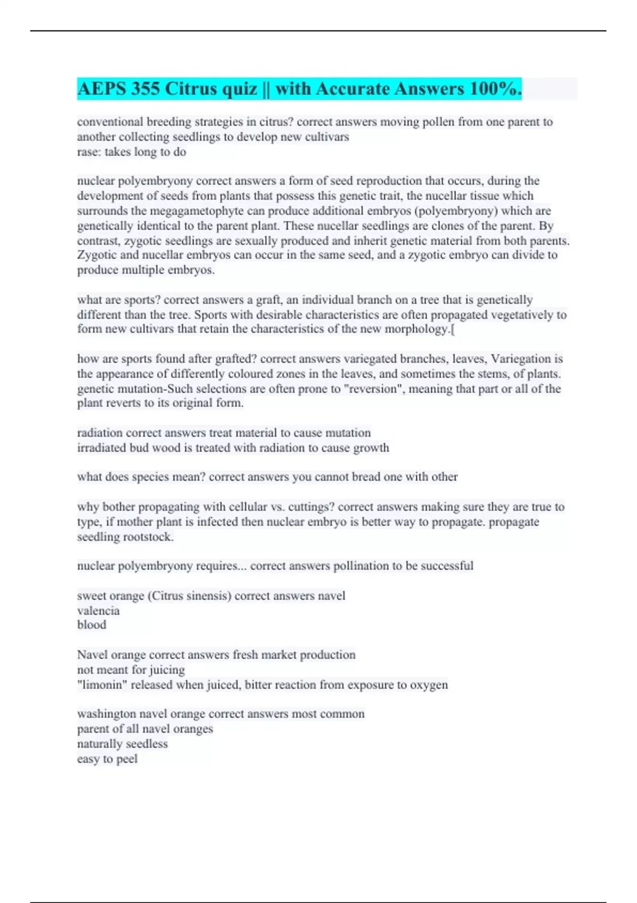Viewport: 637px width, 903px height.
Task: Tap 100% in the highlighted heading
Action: point(495,89)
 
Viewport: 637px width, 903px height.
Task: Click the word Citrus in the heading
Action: point(191,89)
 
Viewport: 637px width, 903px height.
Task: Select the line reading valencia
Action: point(98,610)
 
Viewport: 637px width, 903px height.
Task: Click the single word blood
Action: point(91,625)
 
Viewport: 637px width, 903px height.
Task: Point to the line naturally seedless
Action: point(122,744)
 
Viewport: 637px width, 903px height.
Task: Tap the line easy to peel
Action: point(107,759)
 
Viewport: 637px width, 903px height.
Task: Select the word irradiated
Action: point(101,448)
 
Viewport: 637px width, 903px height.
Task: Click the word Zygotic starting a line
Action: point(97,255)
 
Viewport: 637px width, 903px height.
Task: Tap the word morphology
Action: point(416,329)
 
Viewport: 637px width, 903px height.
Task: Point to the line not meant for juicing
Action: point(131,670)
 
